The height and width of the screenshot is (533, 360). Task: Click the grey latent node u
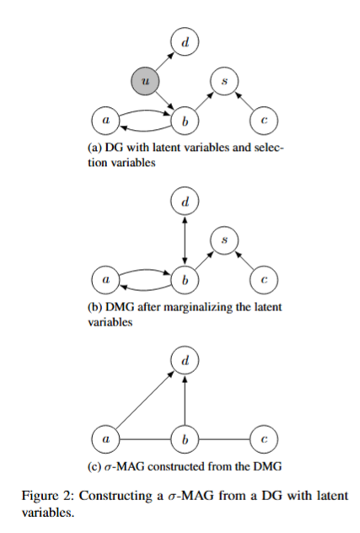(145, 81)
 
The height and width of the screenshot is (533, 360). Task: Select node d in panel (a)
(185, 42)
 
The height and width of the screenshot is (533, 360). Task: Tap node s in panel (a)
(224, 81)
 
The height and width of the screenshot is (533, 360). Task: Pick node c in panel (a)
(264, 121)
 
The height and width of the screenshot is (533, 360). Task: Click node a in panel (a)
(105, 121)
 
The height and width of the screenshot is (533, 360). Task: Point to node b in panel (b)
(185, 280)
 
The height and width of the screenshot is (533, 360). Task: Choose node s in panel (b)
(224, 240)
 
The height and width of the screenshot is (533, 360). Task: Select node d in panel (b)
(185, 201)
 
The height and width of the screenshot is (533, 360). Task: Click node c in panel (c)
(264, 439)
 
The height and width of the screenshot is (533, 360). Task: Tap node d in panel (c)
(185, 360)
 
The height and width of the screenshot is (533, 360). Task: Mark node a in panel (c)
(105, 439)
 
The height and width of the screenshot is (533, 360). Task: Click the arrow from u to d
(165, 62)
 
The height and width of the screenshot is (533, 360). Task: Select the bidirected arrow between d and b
(185, 240)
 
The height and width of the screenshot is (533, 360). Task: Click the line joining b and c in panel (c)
(224, 439)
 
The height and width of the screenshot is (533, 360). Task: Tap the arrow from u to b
(165, 100)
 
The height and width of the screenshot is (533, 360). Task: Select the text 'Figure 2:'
(47, 495)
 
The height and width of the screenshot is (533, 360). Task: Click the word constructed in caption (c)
(176, 466)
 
